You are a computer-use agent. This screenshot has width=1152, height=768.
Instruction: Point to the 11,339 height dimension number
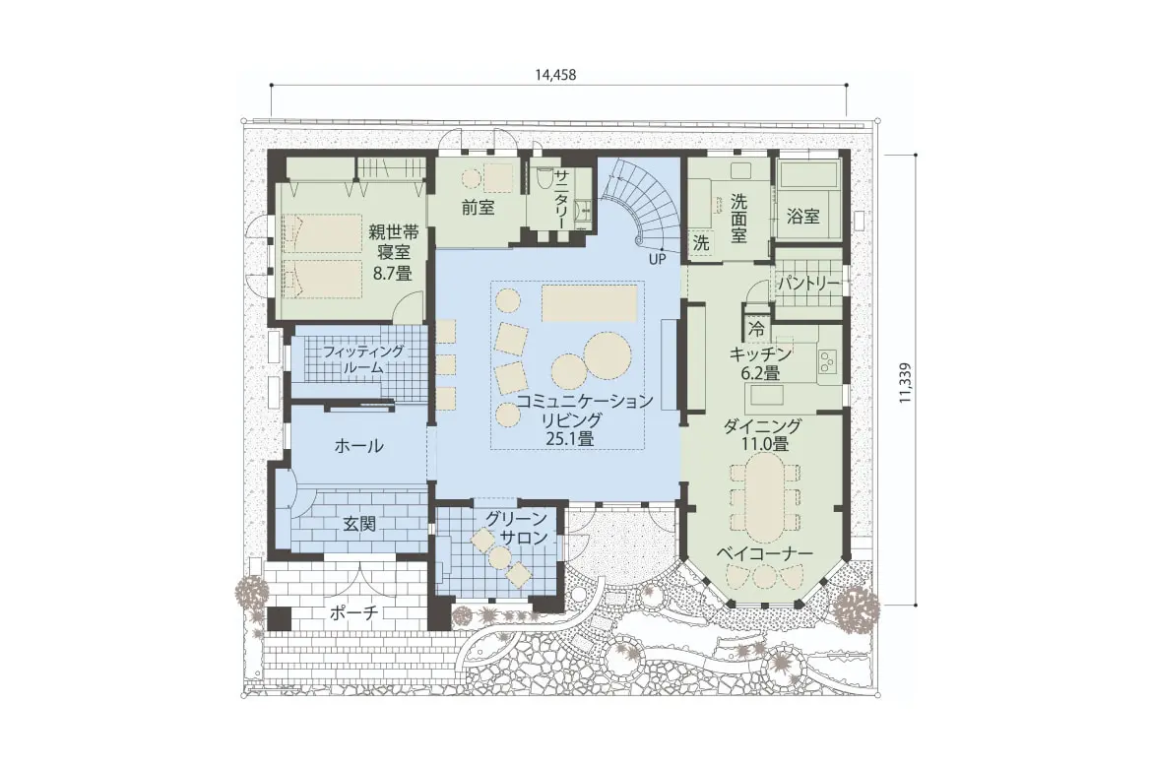coord(904,382)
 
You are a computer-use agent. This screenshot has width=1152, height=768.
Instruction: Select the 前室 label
coord(478,208)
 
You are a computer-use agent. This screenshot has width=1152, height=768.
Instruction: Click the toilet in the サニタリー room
coord(544,178)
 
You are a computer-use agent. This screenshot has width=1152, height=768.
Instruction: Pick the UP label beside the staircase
coord(658,259)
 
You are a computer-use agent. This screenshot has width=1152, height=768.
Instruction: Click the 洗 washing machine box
coord(702,243)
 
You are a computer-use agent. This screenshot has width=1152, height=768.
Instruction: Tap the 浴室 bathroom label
coord(803,216)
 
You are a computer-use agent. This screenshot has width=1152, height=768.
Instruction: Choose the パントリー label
coord(808,283)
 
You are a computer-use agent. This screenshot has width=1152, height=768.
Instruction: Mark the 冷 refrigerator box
coord(757,330)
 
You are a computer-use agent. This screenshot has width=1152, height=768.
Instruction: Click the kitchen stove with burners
coord(828,360)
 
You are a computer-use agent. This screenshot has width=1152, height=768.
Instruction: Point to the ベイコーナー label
coord(764,552)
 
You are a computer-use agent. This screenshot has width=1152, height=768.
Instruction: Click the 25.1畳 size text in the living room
coord(570,439)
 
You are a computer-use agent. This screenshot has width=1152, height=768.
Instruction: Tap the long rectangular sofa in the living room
coord(589,303)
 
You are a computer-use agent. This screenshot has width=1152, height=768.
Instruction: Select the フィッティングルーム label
coord(363,359)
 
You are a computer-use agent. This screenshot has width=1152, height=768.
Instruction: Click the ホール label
coord(358,446)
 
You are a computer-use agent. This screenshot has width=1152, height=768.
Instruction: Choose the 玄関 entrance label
coord(360,524)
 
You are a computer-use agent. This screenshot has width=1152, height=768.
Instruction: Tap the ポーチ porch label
coord(354,613)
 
